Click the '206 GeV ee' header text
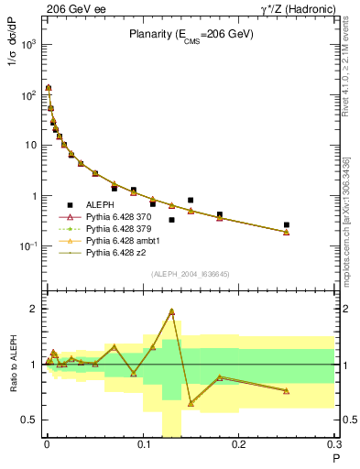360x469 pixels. tap(70, 7)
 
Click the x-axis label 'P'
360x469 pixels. tap(336, 458)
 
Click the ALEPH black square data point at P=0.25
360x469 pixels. tap(287, 224)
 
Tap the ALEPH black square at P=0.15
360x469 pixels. tap(191, 200)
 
